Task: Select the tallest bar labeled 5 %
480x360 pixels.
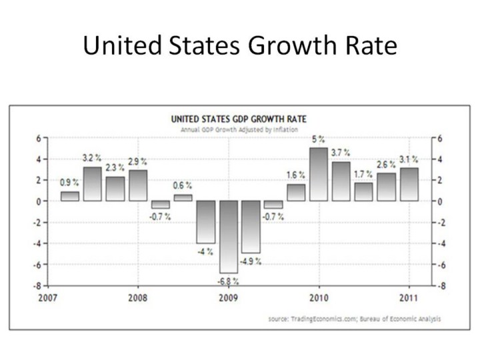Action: (x=319, y=174)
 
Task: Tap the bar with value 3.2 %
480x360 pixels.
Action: (x=92, y=184)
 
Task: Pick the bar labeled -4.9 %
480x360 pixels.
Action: (x=251, y=227)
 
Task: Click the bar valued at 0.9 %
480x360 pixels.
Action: (x=69, y=196)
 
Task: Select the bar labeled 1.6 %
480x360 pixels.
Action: (x=296, y=192)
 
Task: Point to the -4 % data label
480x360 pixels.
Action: (x=204, y=251)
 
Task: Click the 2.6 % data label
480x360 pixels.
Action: (x=387, y=164)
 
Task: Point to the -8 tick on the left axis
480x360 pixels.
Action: (x=40, y=285)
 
